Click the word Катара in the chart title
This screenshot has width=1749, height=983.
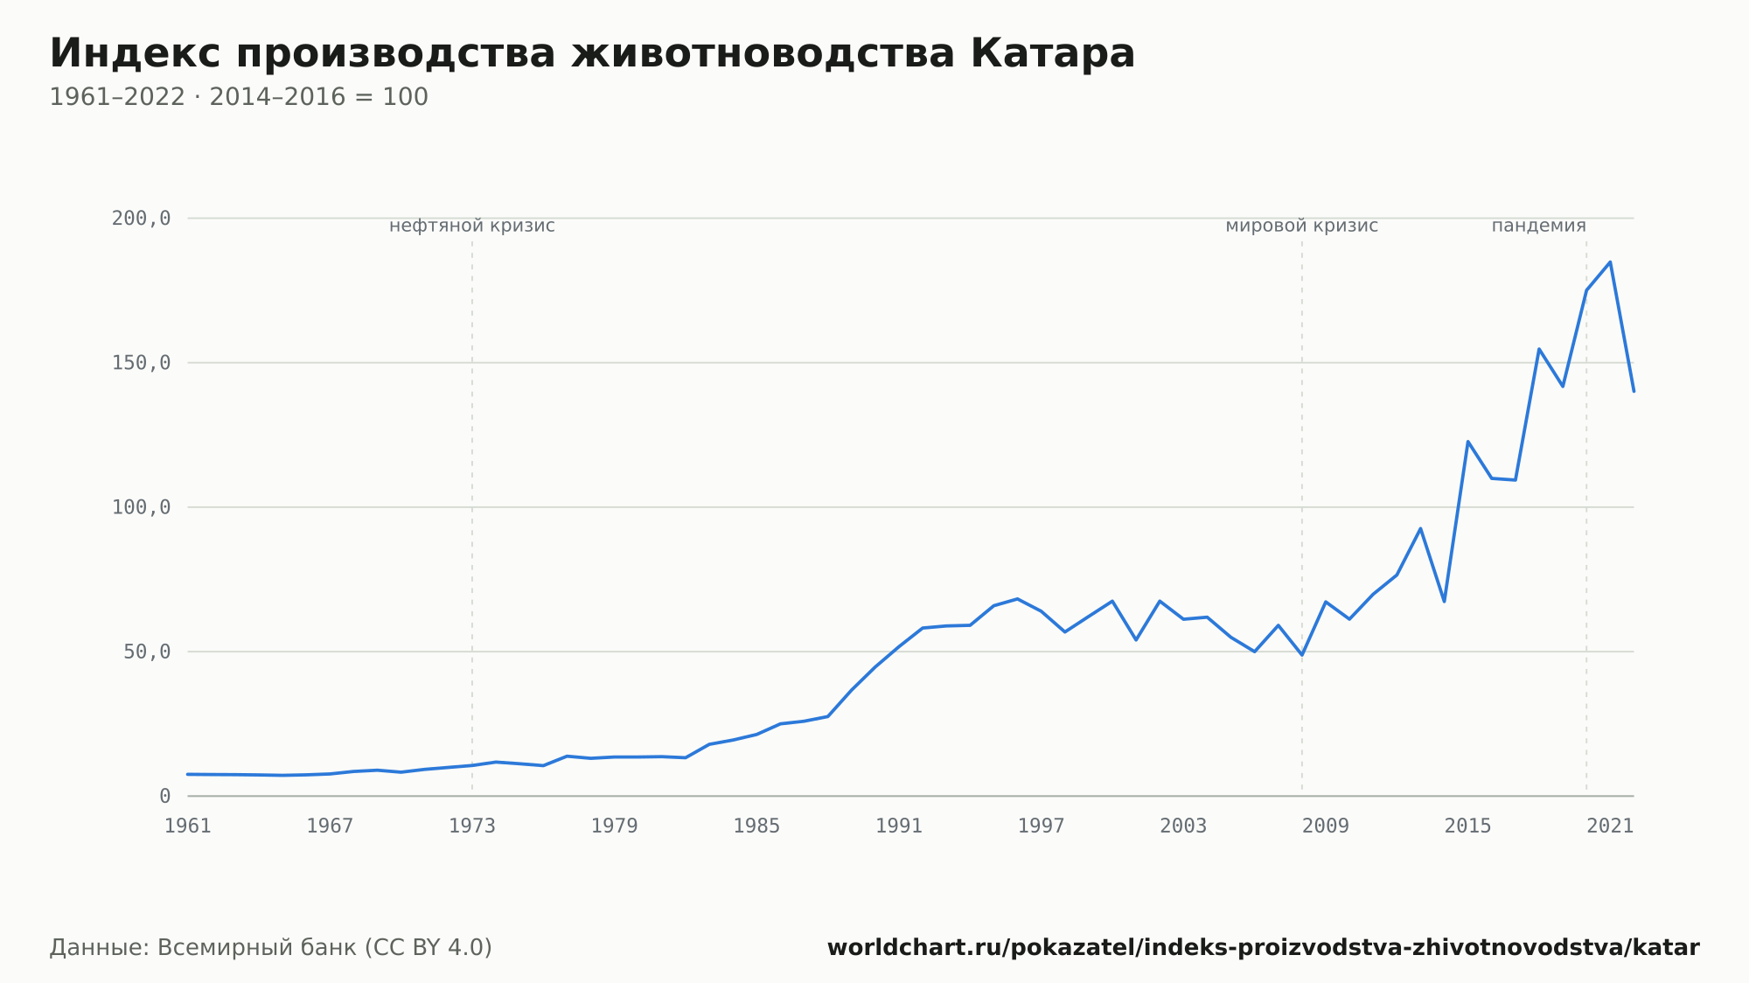1052,53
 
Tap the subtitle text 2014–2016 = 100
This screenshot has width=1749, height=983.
319,97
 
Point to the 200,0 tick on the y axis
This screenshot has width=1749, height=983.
141,219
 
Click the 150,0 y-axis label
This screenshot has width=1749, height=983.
141,363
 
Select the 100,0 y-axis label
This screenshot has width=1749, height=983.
141,507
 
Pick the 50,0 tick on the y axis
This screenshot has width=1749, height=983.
147,652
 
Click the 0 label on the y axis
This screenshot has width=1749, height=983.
165,797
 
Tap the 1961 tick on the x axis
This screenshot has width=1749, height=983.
188,826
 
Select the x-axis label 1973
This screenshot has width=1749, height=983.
472,826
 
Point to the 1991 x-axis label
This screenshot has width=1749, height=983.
899,826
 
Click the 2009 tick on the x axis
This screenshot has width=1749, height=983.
1326,826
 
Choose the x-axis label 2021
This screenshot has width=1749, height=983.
1610,826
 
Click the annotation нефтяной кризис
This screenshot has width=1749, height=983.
472,226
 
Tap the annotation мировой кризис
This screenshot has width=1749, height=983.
1302,226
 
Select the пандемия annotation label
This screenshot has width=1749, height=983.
1539,226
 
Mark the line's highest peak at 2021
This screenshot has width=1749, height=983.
1610,261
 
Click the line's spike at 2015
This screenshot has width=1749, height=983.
1467,442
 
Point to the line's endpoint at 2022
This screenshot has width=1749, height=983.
1634,391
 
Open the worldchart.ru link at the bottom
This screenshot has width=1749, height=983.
1264,948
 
